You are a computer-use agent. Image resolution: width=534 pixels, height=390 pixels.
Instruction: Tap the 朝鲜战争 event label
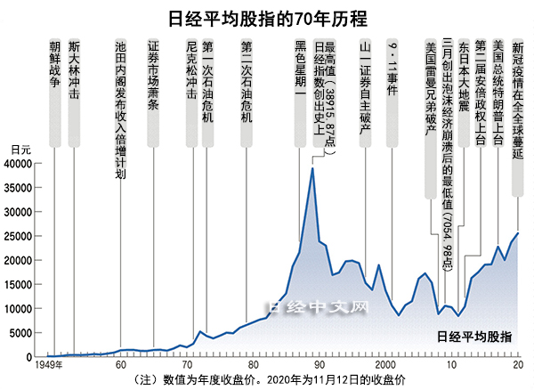tap(55, 62)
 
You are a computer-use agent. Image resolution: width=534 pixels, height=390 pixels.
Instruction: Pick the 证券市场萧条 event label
tap(153, 75)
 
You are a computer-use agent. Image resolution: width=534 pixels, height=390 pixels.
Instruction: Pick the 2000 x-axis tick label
tap(385, 366)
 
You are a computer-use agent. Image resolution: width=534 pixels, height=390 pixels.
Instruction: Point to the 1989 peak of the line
tap(312, 168)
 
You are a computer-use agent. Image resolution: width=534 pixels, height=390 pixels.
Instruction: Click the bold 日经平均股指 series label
tap(475, 337)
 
